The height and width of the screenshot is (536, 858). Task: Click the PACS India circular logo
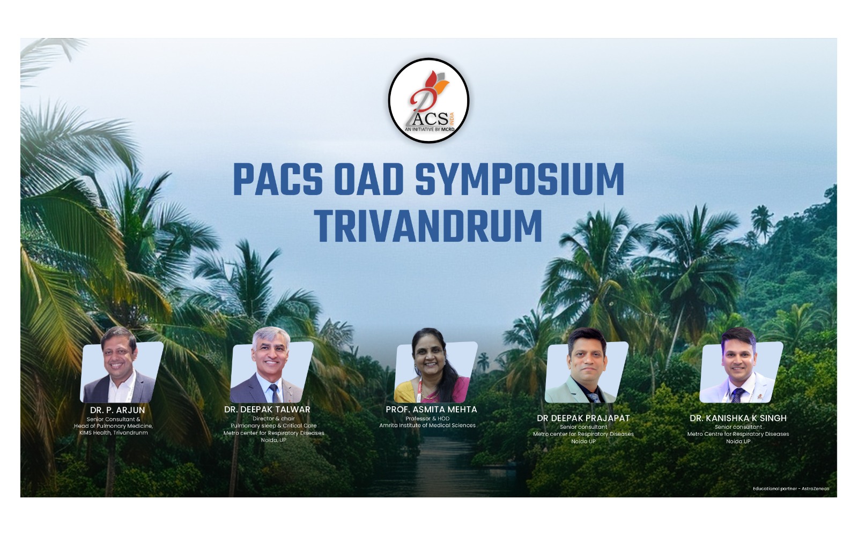click(428, 100)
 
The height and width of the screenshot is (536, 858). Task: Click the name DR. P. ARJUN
click(117, 411)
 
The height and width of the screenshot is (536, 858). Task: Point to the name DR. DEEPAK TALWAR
click(267, 410)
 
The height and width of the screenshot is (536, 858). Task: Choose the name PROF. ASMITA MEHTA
click(431, 410)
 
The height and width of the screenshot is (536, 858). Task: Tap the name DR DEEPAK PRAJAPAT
click(583, 418)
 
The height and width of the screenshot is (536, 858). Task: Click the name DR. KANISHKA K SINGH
click(738, 418)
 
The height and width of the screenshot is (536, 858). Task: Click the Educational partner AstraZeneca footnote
click(791, 488)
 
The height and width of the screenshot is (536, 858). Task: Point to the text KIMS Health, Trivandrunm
click(113, 433)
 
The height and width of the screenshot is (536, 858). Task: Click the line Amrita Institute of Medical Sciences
click(427, 426)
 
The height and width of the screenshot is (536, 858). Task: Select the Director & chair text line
click(273, 419)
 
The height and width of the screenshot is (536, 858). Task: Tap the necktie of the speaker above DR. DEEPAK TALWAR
click(274, 393)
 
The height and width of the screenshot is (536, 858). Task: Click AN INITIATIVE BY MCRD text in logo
click(430, 129)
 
